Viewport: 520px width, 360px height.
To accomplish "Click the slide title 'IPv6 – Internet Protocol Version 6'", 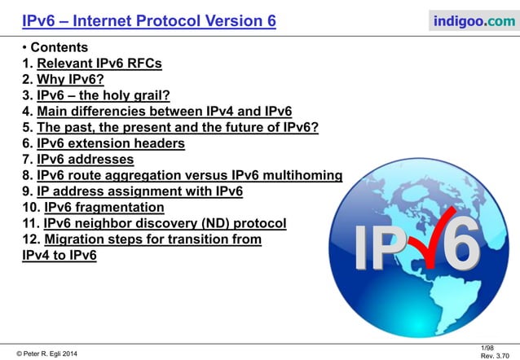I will [x=148, y=20].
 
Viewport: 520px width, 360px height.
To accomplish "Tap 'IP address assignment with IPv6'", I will [x=139, y=191].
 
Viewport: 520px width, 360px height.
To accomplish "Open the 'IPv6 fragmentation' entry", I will [x=104, y=208].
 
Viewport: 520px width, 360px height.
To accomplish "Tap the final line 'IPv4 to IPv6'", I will [x=59, y=255].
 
